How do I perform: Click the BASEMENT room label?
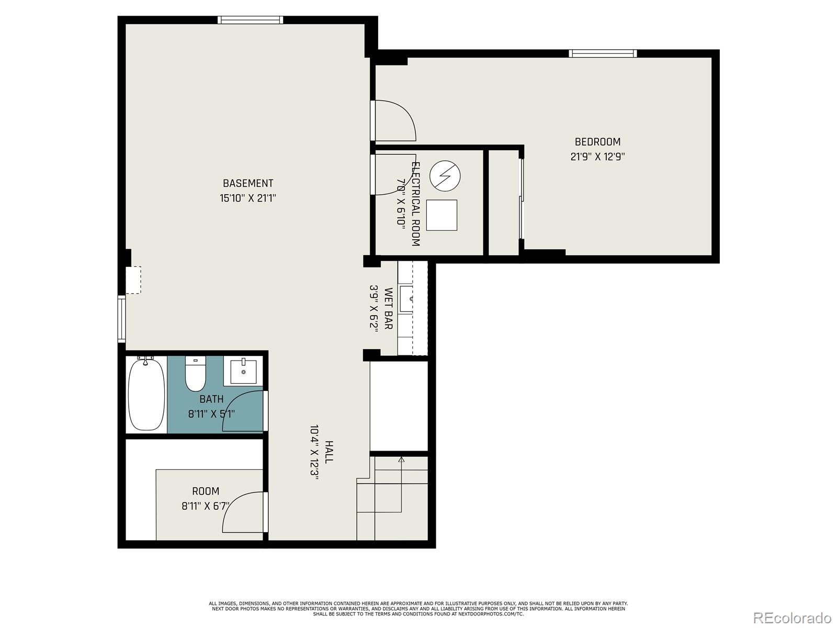pos(248,183)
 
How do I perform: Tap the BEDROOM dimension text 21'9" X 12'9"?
pos(597,156)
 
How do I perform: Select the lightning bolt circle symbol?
pos(445,175)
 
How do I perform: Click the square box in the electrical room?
pos(442,215)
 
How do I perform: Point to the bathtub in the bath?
pos(146,394)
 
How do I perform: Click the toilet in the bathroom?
pos(196,375)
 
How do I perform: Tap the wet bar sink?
pos(406,299)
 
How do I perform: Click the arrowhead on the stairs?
pos(401,460)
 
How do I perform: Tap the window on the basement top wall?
pos(250,20)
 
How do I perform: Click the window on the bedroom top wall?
pos(603,53)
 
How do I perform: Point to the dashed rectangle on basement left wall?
pos(133,280)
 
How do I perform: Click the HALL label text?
pos(329,452)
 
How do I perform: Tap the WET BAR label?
pos(388,308)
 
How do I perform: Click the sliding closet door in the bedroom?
pos(521,199)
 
